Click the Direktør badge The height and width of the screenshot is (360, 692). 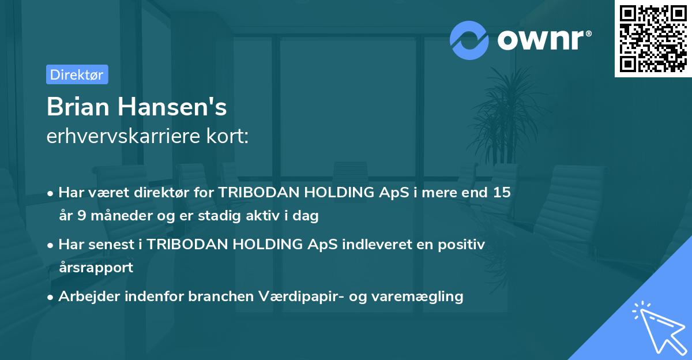pos(77,74)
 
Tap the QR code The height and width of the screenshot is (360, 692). pos(652,39)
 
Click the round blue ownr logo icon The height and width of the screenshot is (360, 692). pos(469,40)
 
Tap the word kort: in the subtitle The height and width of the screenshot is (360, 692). pos(229,137)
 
